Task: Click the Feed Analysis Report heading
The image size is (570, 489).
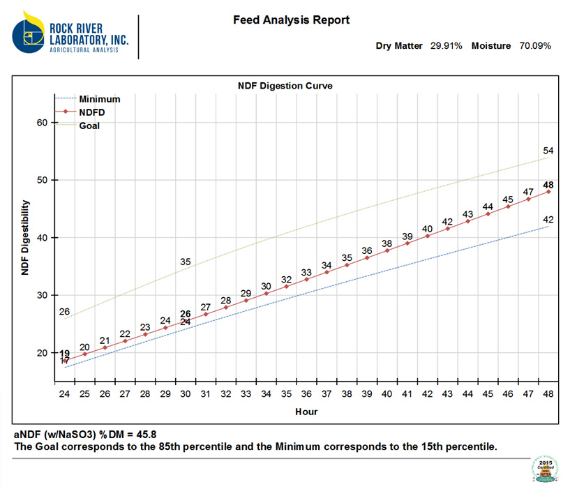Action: coord(291,20)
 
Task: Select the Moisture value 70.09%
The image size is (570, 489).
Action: coord(535,46)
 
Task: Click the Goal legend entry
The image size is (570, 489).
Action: coord(89,126)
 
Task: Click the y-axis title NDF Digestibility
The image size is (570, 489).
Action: coord(25,237)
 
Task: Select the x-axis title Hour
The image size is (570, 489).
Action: coord(306,412)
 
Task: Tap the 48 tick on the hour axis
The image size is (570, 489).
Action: coord(548,394)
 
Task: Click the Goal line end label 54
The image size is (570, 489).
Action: coord(548,151)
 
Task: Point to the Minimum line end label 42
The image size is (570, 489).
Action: coord(548,219)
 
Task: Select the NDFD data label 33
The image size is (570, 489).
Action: coord(306,273)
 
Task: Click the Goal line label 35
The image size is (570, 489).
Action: coord(186,262)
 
